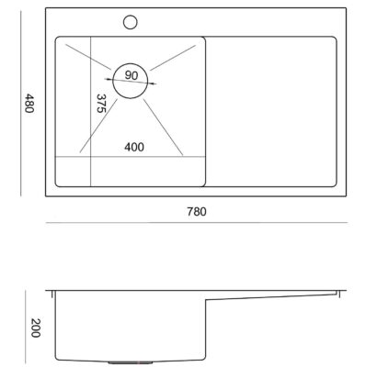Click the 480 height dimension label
29,103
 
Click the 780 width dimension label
197,212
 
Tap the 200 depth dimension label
36,328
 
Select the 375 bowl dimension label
101,104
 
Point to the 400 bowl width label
134,147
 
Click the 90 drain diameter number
131,75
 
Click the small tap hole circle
131,22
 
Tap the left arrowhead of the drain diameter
109,79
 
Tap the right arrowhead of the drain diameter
153,83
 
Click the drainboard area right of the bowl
271,112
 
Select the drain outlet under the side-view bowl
131,362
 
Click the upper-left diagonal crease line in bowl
88,57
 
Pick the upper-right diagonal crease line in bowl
173,58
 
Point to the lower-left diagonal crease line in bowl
98,126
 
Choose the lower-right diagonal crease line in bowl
163,128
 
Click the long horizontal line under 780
197,223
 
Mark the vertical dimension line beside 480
21,103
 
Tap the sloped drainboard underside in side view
271,296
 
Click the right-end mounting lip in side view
338,294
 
